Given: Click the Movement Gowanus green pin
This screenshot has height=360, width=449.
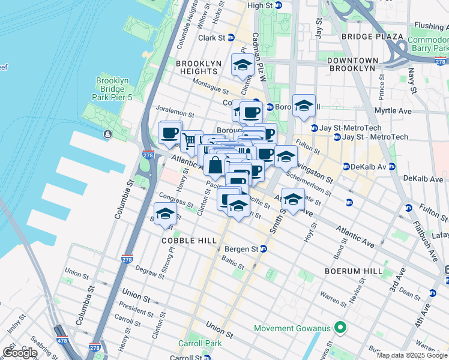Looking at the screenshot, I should (x=340, y=328).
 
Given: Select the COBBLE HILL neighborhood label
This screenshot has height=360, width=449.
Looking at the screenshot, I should (x=188, y=240).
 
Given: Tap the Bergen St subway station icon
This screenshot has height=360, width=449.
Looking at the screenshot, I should (x=263, y=249).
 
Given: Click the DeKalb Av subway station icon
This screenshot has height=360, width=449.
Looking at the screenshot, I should (x=346, y=166).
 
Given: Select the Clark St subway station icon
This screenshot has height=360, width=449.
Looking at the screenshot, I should (x=230, y=37).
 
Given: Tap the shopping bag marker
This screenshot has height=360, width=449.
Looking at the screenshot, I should (x=215, y=165).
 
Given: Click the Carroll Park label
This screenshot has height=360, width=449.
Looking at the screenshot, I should (x=199, y=344).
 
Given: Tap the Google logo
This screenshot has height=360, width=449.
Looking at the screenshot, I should (x=20, y=353).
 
